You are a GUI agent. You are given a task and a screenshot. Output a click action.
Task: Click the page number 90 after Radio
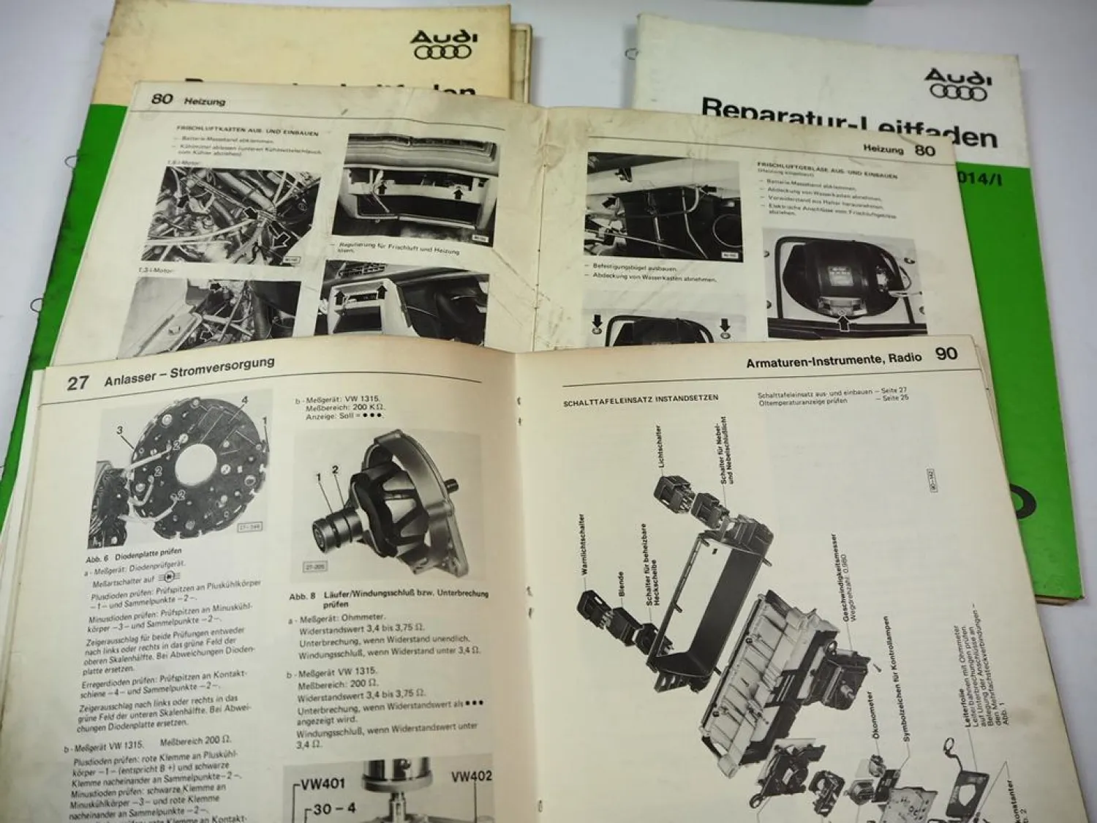[946, 355]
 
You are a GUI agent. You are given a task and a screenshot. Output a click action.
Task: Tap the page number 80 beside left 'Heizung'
[162, 98]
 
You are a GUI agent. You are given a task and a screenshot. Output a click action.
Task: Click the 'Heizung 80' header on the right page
[901, 151]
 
